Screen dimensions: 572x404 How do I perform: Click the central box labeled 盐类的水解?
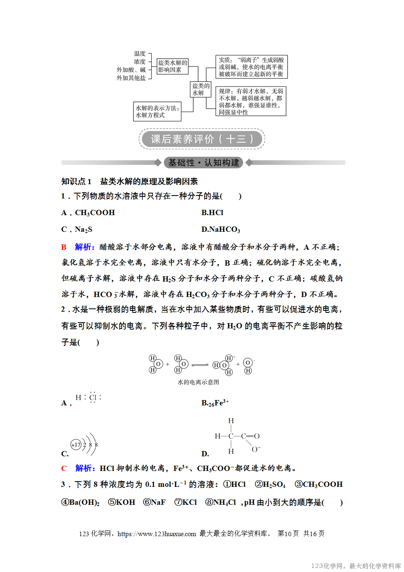(x=201, y=89)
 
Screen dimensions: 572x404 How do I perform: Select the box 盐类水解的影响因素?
(x=173, y=66)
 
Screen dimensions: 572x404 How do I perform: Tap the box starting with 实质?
(x=251, y=67)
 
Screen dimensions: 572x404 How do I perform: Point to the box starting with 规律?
(x=251, y=101)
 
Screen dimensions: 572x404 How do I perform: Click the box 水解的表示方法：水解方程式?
(x=157, y=111)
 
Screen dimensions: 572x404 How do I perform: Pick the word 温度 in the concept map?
(x=140, y=54)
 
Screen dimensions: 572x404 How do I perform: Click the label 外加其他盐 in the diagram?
(x=131, y=78)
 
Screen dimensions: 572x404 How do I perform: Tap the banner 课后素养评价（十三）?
(x=202, y=139)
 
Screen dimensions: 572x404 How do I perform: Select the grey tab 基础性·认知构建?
(x=203, y=163)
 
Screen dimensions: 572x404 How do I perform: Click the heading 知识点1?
(x=76, y=181)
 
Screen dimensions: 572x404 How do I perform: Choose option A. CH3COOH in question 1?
(x=88, y=213)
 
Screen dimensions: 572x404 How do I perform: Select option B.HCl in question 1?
(x=212, y=213)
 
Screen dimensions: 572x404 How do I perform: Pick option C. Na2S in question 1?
(x=77, y=229)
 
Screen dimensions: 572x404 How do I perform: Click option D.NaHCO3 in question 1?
(x=221, y=229)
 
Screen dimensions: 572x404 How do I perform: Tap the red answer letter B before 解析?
(x=64, y=247)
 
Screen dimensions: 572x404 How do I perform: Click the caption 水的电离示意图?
(x=199, y=382)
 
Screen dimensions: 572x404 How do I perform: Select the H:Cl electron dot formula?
(x=88, y=397)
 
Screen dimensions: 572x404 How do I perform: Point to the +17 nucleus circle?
(x=76, y=445)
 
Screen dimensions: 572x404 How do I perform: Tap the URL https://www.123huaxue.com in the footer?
(x=157, y=534)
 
